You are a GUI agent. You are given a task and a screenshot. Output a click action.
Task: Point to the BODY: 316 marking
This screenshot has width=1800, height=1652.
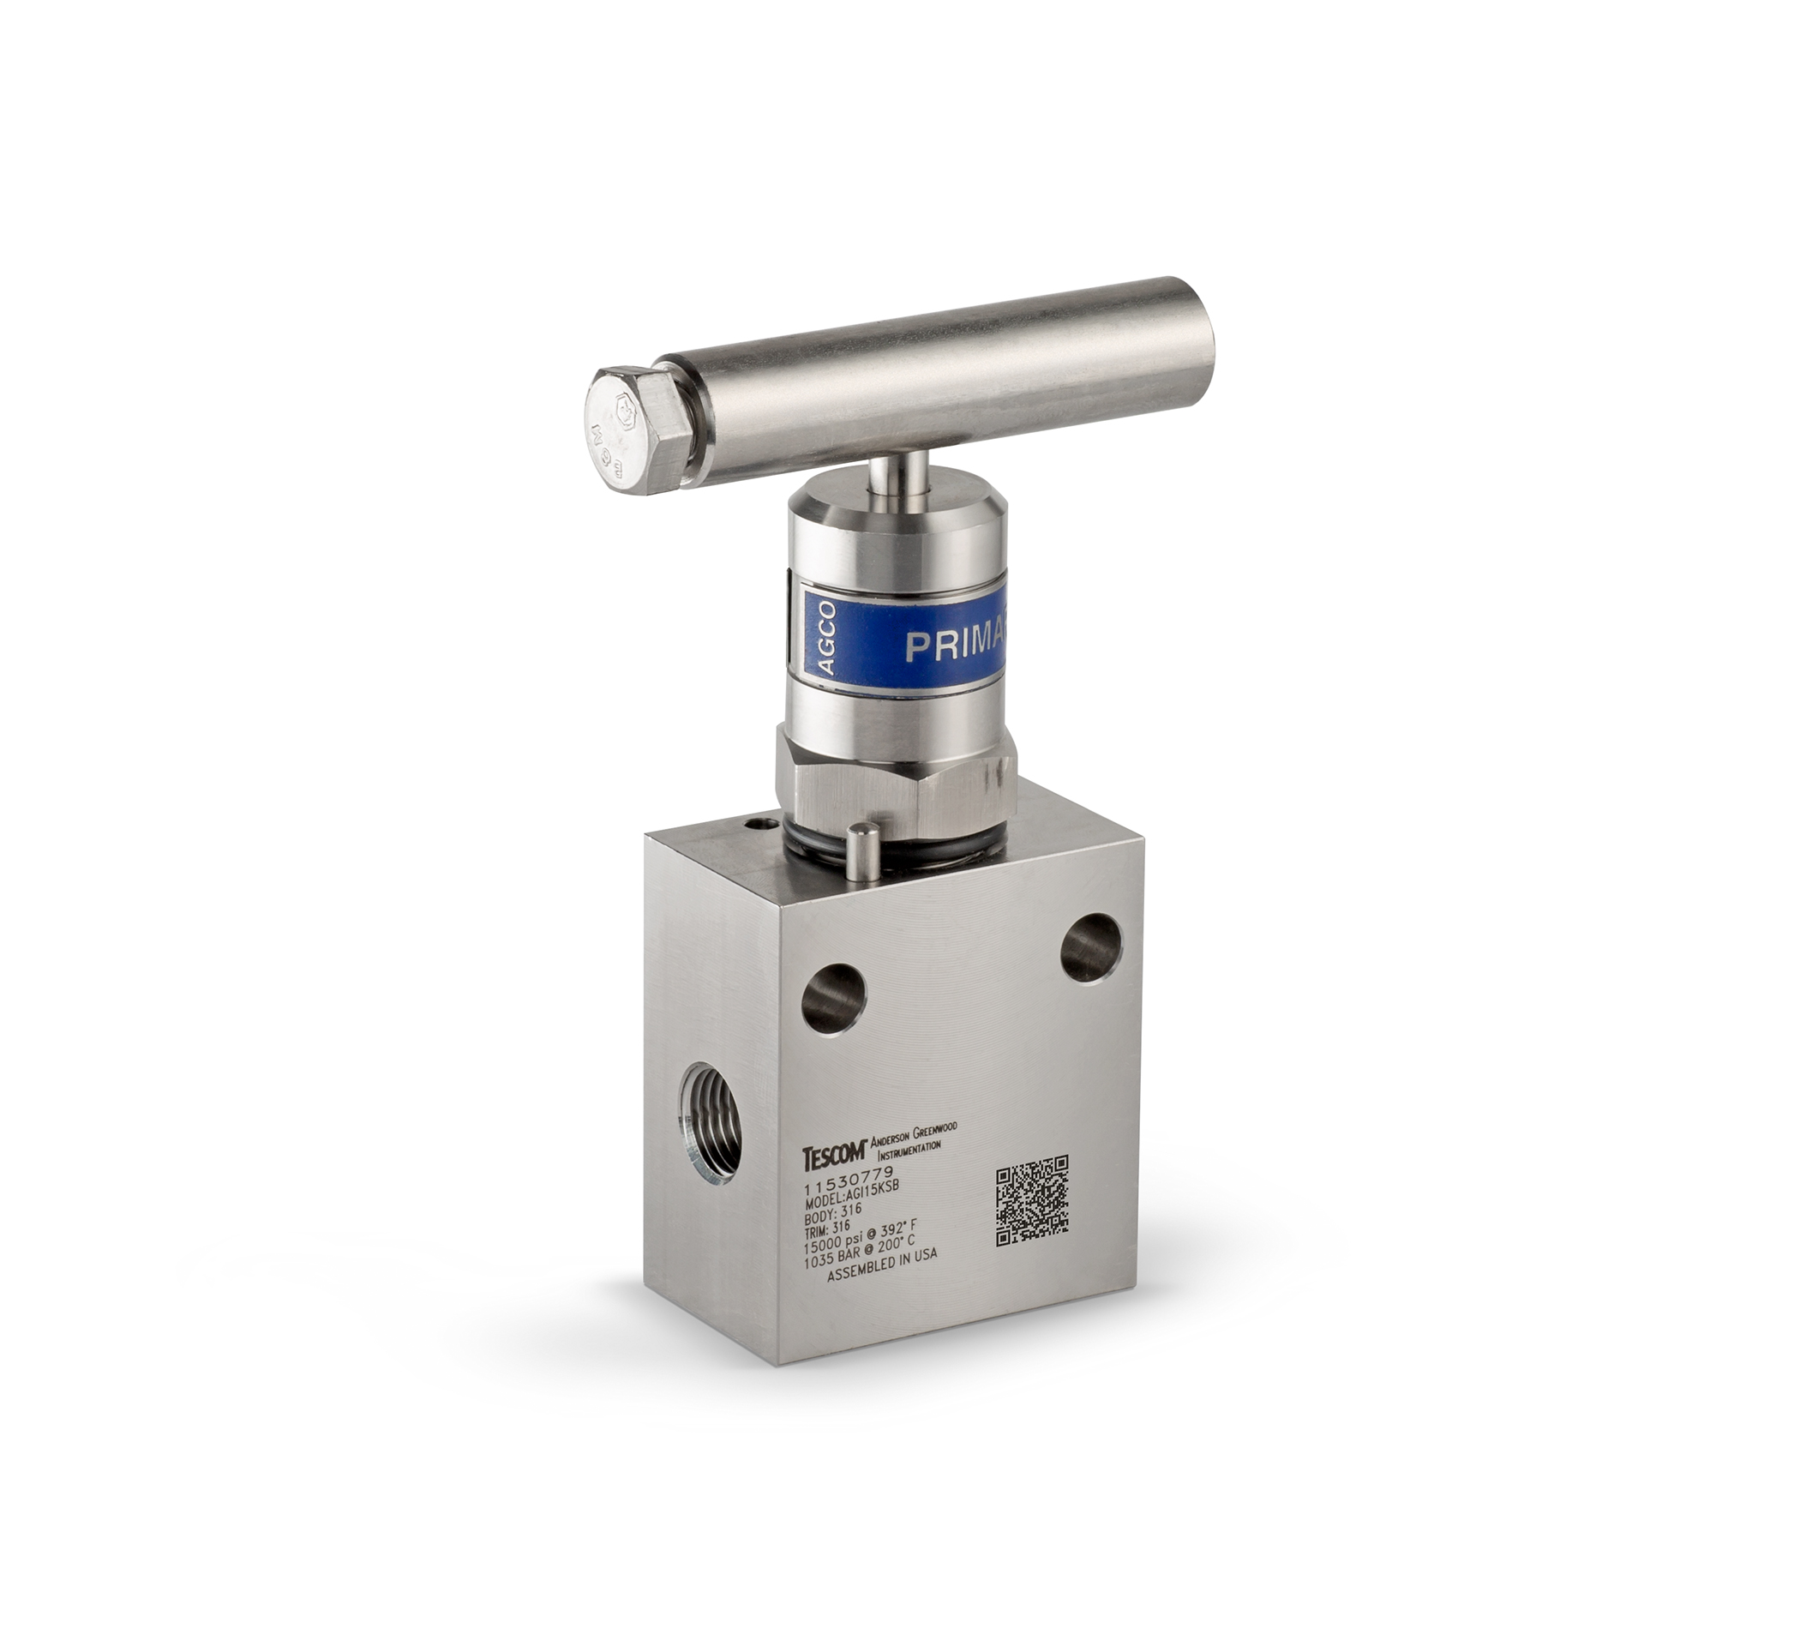(833, 1216)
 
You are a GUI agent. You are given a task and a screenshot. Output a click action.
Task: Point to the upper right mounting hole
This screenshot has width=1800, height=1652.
(1091, 947)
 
